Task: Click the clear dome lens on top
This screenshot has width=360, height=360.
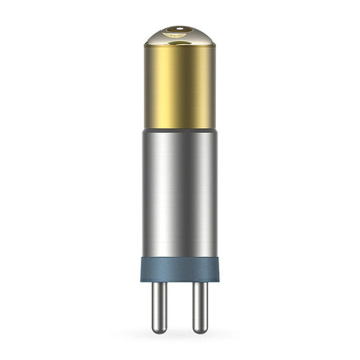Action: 180,36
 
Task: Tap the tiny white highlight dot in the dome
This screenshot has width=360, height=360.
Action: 181,28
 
